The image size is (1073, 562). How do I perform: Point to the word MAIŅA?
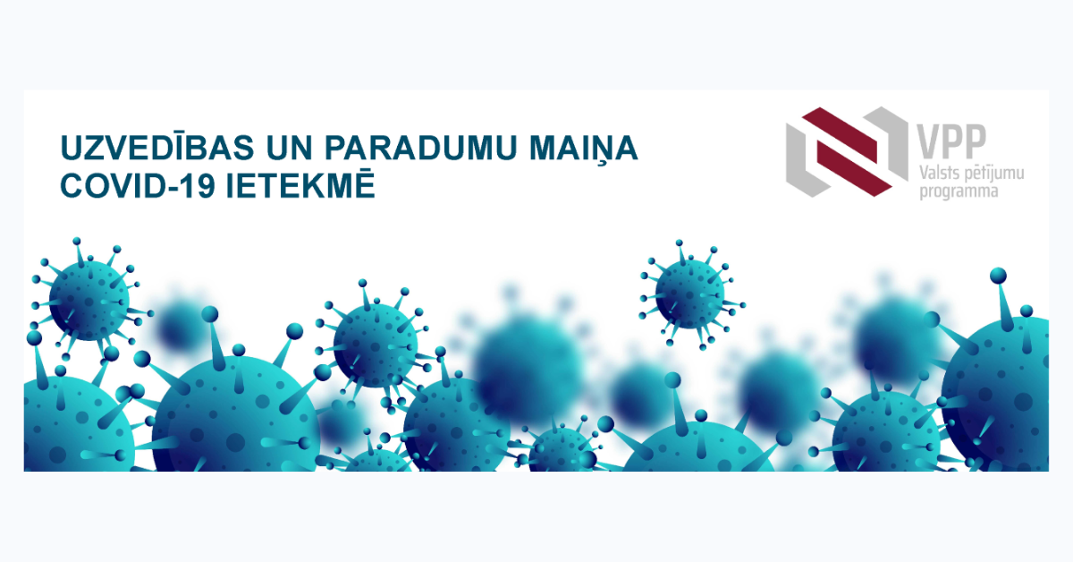(x=583, y=149)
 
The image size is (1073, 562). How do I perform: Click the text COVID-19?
(x=138, y=185)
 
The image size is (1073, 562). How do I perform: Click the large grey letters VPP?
(x=951, y=141)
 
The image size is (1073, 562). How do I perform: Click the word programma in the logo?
(x=959, y=192)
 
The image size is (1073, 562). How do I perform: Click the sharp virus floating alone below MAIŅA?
(x=689, y=294)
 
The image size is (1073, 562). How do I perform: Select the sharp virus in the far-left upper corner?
(x=89, y=300)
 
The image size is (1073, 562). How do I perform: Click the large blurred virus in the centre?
(x=528, y=365)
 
